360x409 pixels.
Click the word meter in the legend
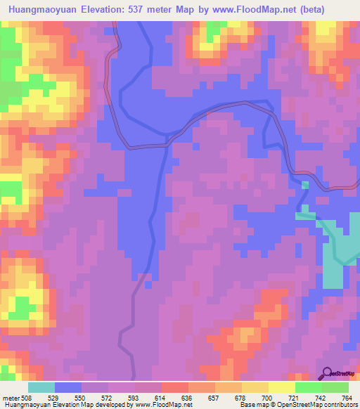[11, 397]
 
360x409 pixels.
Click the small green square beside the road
[305, 185]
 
